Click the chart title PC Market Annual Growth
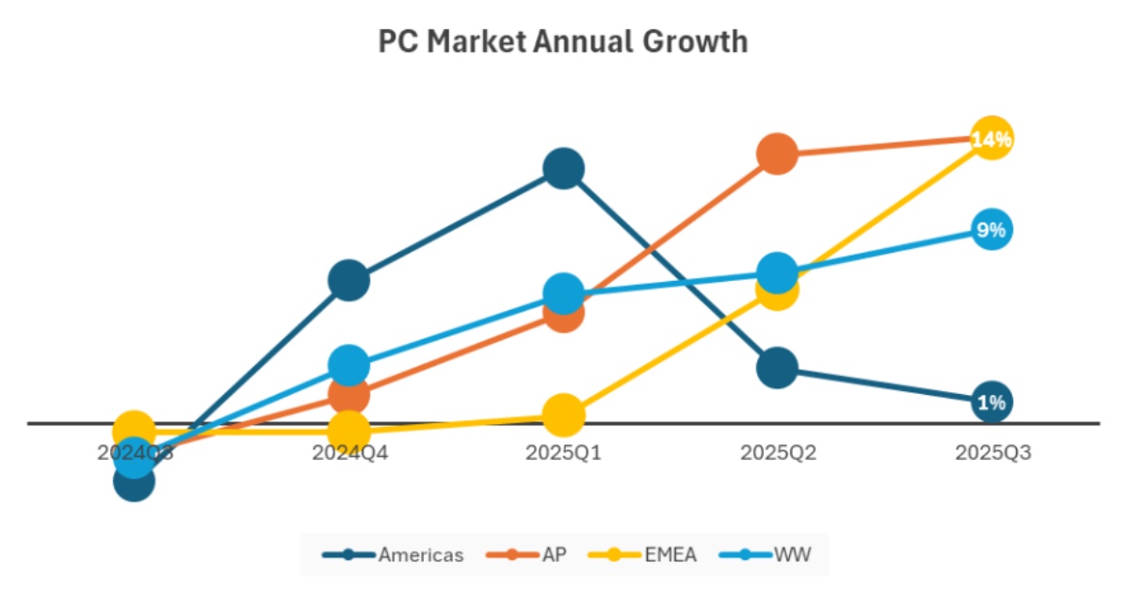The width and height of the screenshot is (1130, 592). click(563, 42)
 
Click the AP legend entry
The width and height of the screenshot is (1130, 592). click(528, 554)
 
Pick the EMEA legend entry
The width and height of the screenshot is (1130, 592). click(650, 554)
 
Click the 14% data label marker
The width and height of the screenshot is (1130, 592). click(992, 140)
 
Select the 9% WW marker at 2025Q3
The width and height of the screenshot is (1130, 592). click(992, 230)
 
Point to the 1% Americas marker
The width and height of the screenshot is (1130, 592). click(992, 403)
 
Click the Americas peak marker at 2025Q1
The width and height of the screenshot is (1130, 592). click(563, 169)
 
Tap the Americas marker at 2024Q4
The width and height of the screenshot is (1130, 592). click(348, 281)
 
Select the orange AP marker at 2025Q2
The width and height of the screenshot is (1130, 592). click(777, 154)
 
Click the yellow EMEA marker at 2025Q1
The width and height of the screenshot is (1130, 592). click(563, 415)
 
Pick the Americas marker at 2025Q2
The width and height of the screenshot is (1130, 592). click(777, 368)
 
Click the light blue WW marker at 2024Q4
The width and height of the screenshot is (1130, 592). click(348, 365)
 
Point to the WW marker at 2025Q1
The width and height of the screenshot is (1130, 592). click(563, 294)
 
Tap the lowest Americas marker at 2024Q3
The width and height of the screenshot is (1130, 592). click(134, 482)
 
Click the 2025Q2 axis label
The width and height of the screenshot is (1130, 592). click(778, 452)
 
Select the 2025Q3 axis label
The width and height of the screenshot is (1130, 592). click(993, 452)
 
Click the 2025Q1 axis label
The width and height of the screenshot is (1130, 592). click(563, 452)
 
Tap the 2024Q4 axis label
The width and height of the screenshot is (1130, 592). click(349, 452)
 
